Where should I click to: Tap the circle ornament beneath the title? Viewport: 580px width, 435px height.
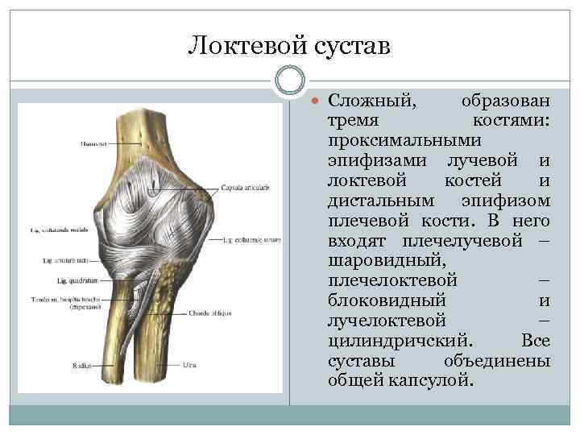pyautogui.click(x=290, y=81)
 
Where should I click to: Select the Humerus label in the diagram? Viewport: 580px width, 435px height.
pyautogui.click(x=93, y=144)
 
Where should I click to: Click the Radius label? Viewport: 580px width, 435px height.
pyautogui.click(x=81, y=365)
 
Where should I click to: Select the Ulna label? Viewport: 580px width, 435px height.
pyautogui.click(x=189, y=365)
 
